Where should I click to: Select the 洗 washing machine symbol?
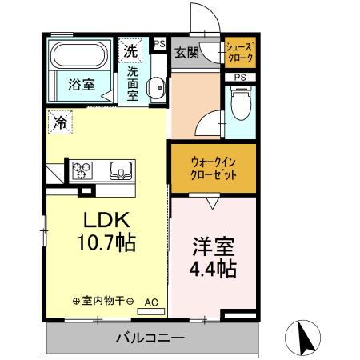[130, 50]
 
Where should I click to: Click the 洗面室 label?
[133, 82]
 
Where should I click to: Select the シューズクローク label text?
[240, 53]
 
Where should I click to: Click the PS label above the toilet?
[240, 77]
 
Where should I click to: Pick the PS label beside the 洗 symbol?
[159, 45]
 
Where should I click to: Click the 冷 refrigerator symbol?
[60, 122]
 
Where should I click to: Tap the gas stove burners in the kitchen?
[84, 170]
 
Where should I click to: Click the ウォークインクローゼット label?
[212, 168]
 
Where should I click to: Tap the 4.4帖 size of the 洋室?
[212, 267]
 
